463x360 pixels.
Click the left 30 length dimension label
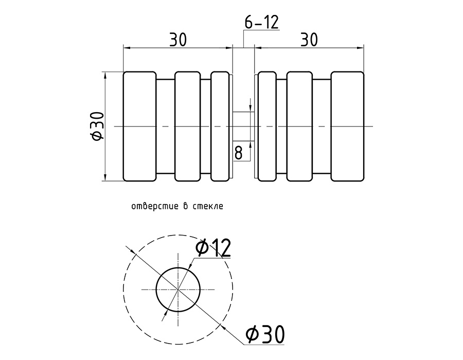(x=177, y=40)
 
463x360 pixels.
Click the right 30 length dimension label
(x=309, y=40)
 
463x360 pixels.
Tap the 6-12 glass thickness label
(x=261, y=22)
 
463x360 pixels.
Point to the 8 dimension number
(x=239, y=152)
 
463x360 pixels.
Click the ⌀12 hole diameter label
(x=213, y=248)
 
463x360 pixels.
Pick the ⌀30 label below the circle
(x=265, y=335)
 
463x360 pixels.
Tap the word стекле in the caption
(x=208, y=207)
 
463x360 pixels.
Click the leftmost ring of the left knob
(x=139, y=127)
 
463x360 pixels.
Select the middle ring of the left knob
(x=187, y=127)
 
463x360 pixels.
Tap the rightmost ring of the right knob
(x=347, y=127)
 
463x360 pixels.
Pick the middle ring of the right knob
(x=299, y=127)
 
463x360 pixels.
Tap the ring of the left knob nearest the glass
(x=220, y=127)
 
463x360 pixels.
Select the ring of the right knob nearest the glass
(x=267, y=127)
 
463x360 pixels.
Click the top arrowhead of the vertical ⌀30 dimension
(x=105, y=75)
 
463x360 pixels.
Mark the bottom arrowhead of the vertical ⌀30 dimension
(x=105, y=178)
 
